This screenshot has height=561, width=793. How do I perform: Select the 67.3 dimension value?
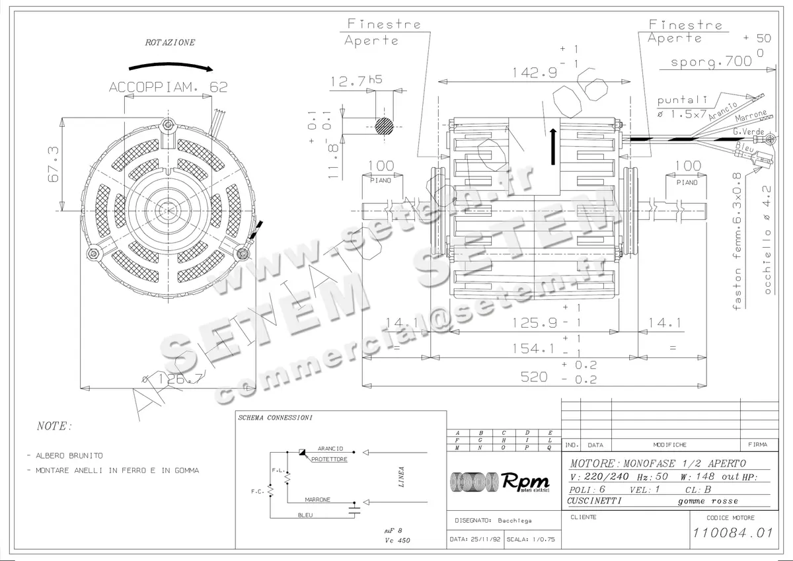[54, 165]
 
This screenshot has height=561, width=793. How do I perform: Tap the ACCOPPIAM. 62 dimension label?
[168, 87]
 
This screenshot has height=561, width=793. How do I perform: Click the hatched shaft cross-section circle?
[384, 126]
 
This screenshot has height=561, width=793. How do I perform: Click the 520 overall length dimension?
[534, 376]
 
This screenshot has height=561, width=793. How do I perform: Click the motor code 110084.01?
[732, 533]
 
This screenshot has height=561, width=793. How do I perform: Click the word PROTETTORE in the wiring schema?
[329, 459]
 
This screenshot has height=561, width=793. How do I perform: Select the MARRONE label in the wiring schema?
[317, 500]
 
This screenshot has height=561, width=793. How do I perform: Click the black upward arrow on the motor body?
[552, 147]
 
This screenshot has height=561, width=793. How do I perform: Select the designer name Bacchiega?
[515, 521]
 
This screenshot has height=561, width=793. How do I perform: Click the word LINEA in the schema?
[401, 476]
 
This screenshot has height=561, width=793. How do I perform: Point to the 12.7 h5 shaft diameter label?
[356, 81]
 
